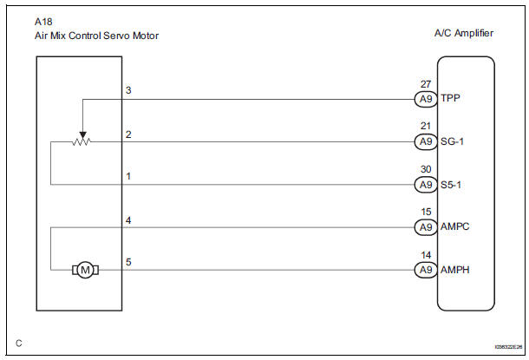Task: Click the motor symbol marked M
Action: pos(85,271)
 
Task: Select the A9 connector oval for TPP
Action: pos(424,99)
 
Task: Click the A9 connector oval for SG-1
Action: pos(424,141)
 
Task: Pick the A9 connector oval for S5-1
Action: pos(424,184)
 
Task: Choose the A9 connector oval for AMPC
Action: pos(424,227)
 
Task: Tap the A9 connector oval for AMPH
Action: pos(424,270)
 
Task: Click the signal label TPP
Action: pos(451,99)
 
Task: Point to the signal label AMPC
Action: pos(456,227)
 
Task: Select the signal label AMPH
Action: pos(456,270)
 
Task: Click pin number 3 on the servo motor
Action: pos(128,91)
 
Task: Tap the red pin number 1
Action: pos(128,176)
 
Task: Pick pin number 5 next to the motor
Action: pos(128,262)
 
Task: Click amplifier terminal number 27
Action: pos(424,84)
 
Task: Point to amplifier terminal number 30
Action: pos(424,169)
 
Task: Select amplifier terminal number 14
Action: pos(424,255)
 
